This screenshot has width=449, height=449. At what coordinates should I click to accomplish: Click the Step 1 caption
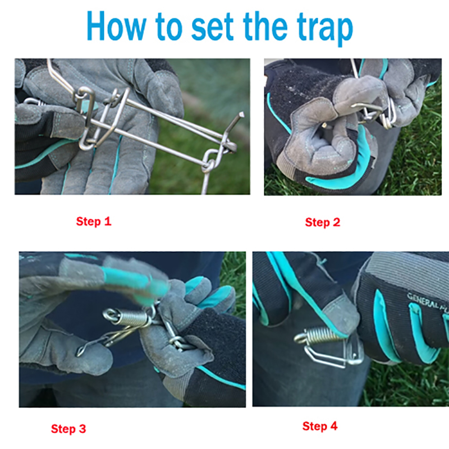tap(94, 221)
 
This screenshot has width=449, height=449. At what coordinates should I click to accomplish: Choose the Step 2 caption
tap(322, 222)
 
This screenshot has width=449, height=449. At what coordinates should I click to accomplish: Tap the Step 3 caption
tap(68, 429)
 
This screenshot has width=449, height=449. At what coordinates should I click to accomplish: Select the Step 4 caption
tap(320, 426)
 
